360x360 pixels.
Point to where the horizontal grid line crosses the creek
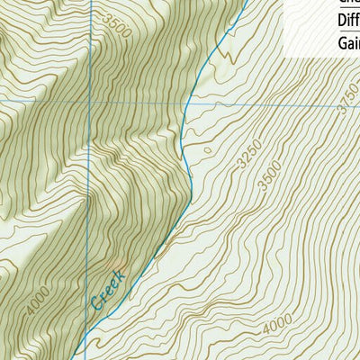point(184,104)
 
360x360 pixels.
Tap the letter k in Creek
point(124,272)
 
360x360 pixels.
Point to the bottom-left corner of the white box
point(285,57)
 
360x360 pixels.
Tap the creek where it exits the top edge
point(245,2)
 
